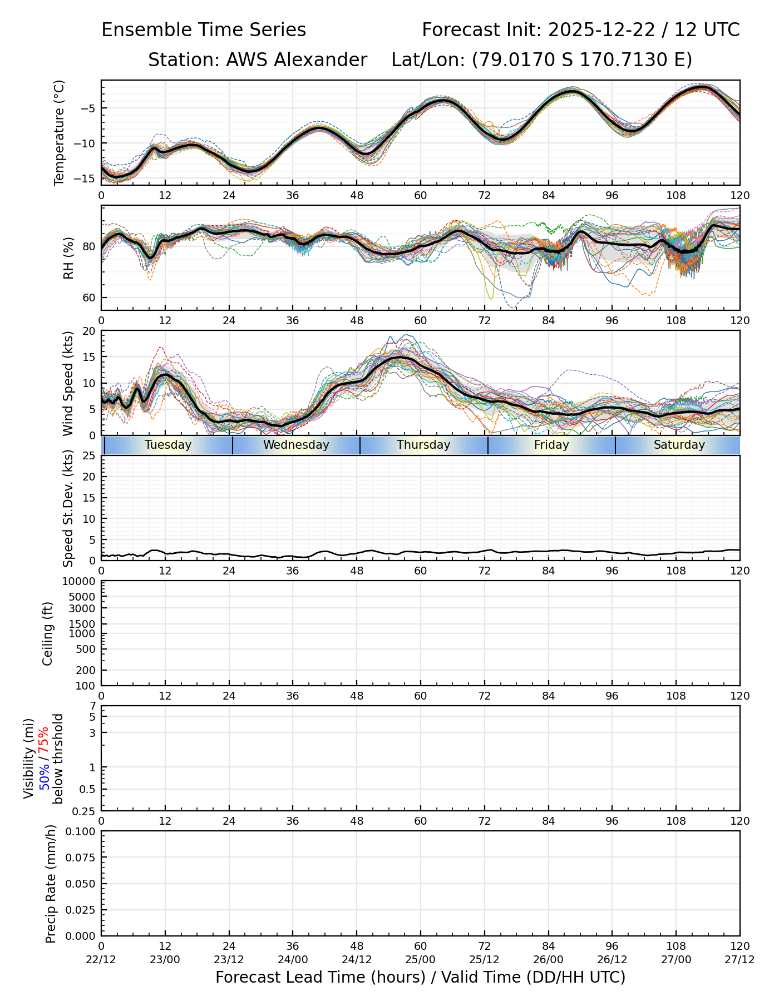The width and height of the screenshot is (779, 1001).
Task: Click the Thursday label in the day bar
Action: (x=423, y=445)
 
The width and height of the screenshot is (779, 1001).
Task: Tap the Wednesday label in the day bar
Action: (x=296, y=445)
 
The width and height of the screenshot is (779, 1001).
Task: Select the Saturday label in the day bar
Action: (x=679, y=445)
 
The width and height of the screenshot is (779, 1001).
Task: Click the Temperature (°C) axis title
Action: (x=60, y=132)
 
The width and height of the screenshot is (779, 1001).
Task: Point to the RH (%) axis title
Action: (x=69, y=258)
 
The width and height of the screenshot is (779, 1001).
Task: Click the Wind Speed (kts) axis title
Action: (x=68, y=383)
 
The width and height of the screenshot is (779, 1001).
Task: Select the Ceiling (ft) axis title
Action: (x=48, y=633)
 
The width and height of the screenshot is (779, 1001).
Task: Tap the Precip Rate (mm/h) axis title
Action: (x=51, y=884)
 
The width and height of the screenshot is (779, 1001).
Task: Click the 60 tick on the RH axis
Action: (x=89, y=298)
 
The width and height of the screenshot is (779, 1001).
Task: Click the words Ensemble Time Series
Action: (x=204, y=30)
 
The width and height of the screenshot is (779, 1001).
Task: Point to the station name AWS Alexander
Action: (x=296, y=60)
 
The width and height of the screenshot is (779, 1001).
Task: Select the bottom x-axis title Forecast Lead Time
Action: (x=420, y=978)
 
